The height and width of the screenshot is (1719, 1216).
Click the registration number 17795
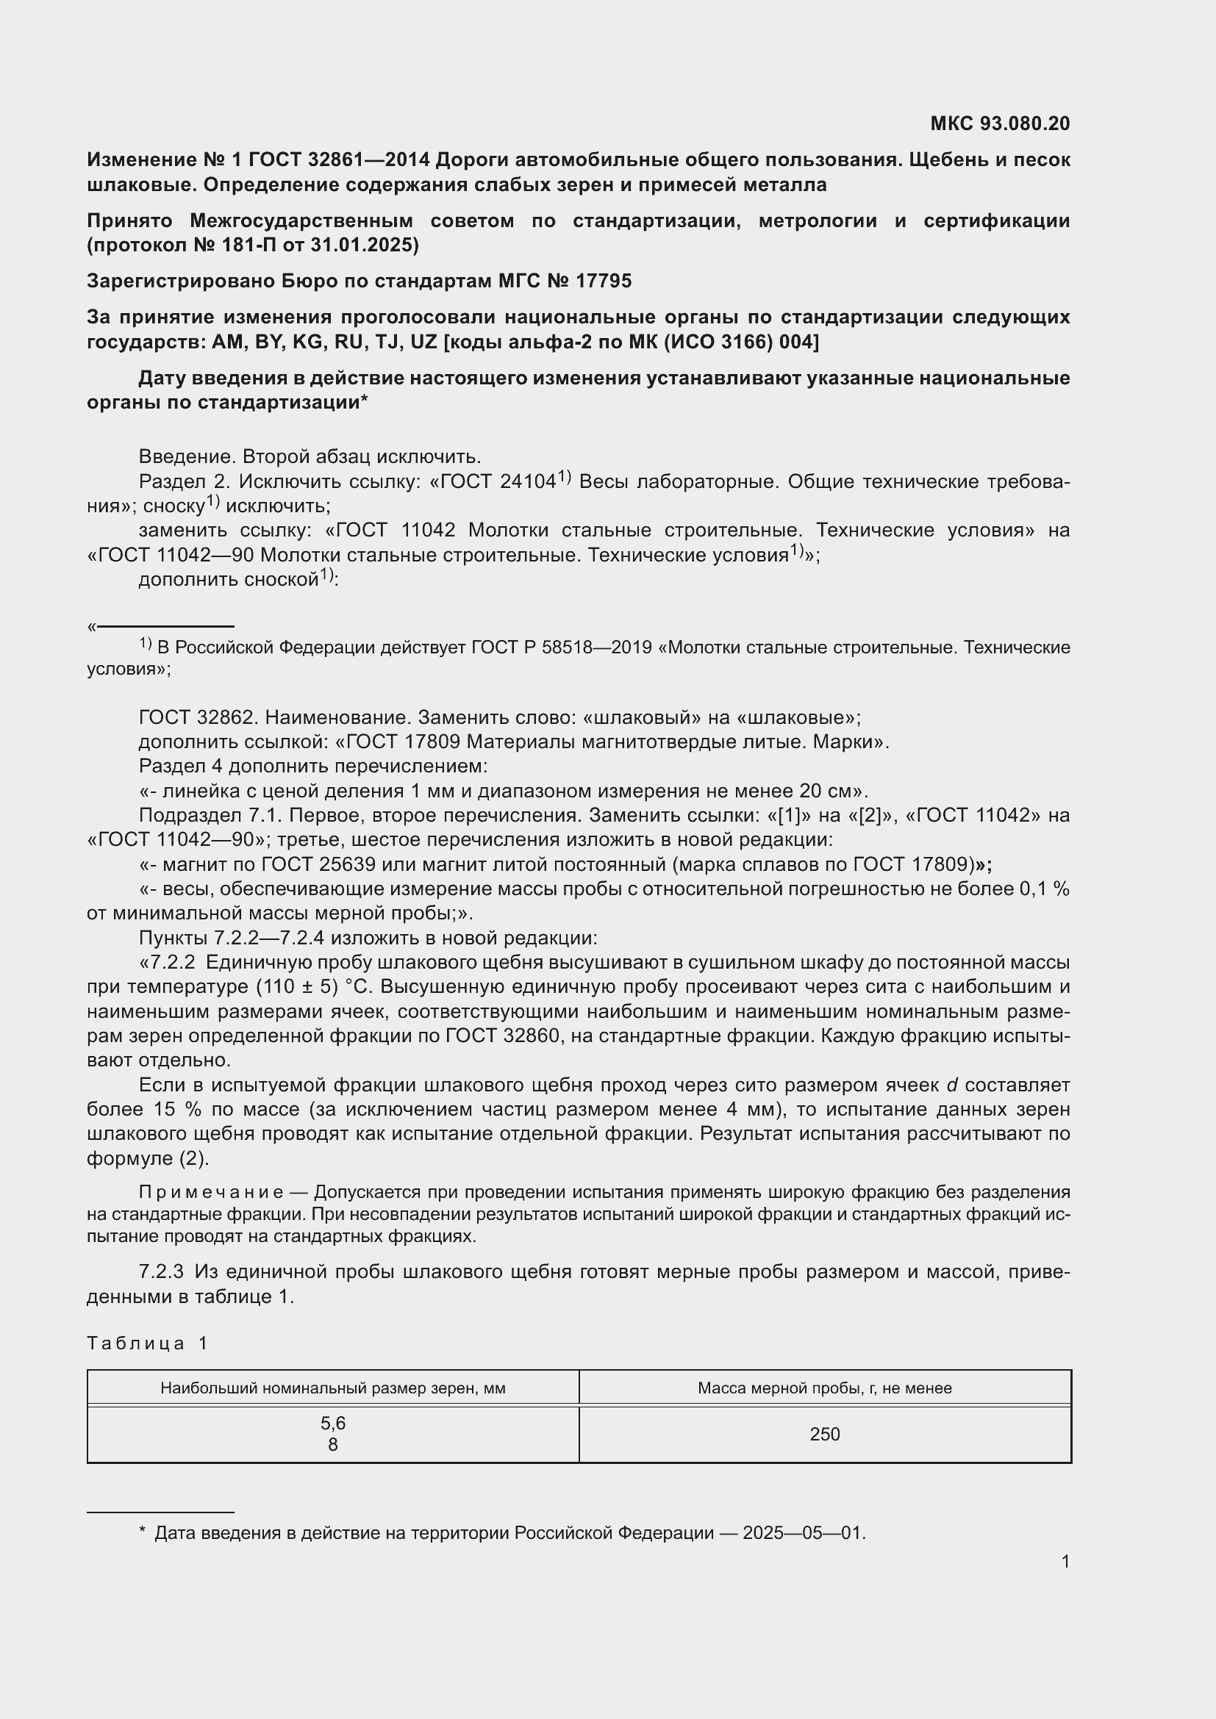click(604, 281)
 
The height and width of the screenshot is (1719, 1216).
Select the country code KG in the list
click(307, 342)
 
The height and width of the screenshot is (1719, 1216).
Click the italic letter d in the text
click(952, 1085)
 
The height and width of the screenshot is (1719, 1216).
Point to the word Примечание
click(210, 1192)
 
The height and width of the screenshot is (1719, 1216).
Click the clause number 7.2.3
click(161, 1272)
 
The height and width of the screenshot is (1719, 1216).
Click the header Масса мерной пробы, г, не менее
click(824, 1388)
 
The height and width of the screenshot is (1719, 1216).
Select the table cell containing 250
click(824, 1435)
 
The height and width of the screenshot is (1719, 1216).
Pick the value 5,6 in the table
click(333, 1424)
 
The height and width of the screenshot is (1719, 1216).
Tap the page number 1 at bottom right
click(1065, 1562)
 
